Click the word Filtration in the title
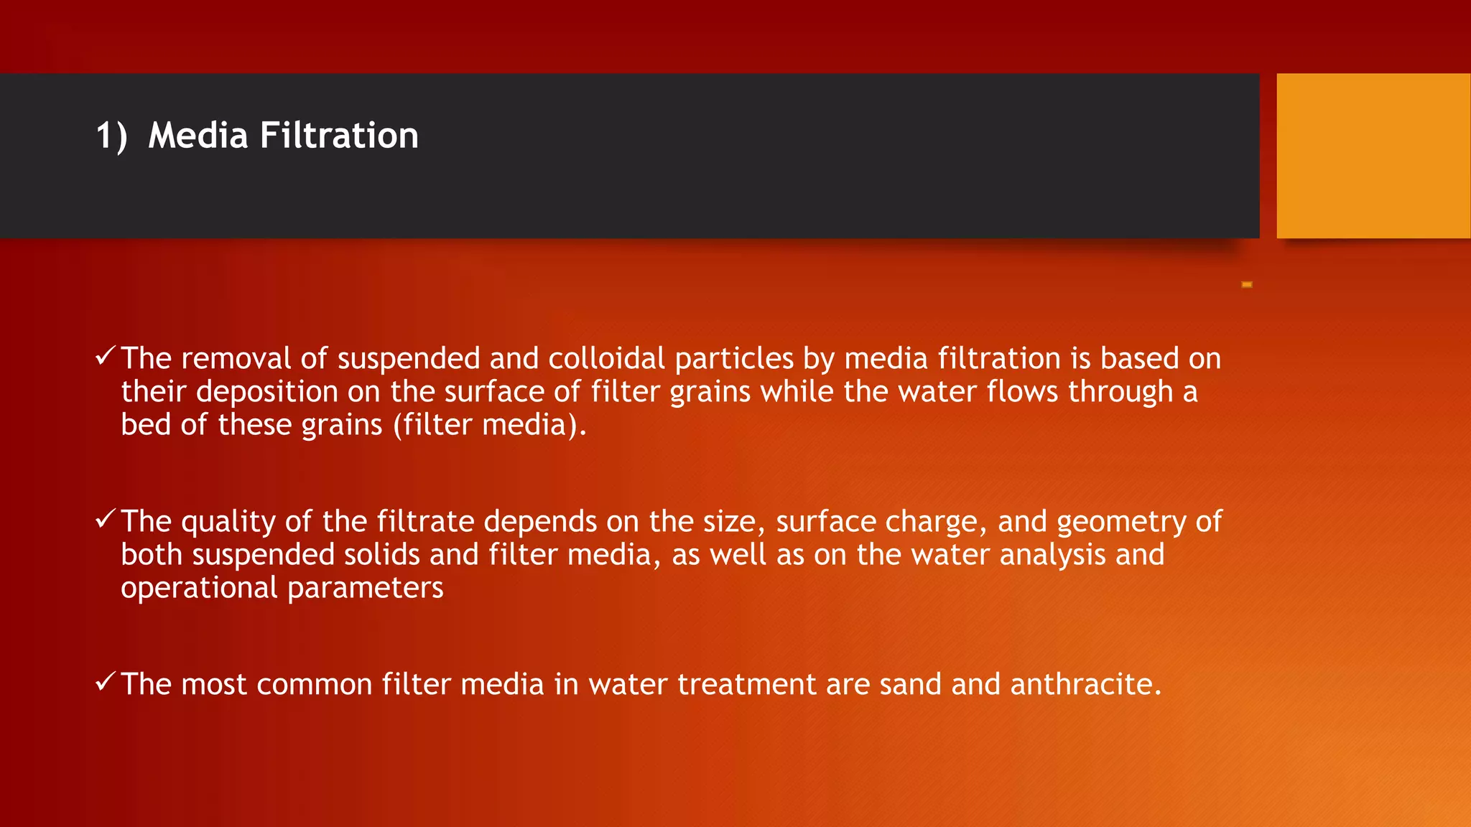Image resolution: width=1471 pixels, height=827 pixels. (x=339, y=135)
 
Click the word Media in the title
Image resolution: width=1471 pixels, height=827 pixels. (x=198, y=135)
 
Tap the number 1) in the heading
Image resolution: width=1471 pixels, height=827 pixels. (x=111, y=136)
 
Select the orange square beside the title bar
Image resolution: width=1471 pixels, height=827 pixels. (x=1373, y=156)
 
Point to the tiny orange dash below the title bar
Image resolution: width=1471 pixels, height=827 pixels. (x=1247, y=285)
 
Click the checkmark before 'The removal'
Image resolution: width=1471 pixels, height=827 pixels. (x=105, y=355)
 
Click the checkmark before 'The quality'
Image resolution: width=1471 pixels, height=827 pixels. (x=105, y=518)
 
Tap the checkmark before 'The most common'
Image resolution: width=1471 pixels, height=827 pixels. (x=105, y=681)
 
